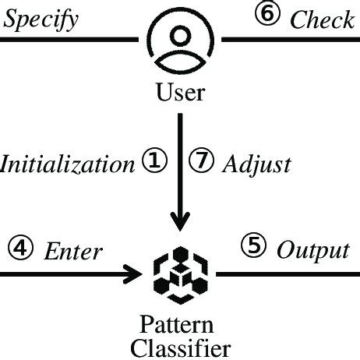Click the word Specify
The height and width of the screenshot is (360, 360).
41,19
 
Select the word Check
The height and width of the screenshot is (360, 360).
322,19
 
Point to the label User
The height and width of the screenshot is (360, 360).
181,94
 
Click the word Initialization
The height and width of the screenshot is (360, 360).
67,165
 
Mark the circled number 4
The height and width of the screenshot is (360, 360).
19,249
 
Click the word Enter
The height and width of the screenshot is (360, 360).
72,251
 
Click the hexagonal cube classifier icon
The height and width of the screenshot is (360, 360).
181,274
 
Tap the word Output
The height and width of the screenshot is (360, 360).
312,251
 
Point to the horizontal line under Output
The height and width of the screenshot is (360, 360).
288,274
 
